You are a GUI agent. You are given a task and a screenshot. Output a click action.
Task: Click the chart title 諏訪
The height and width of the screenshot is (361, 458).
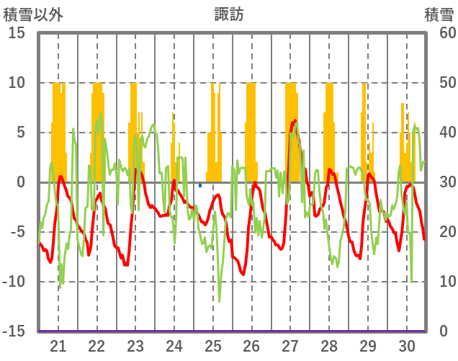(x=229, y=14)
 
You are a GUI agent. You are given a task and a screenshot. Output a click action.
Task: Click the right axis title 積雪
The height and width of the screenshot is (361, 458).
(x=439, y=14)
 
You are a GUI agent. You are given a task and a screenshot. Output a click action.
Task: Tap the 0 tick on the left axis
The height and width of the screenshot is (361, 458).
(x=20, y=182)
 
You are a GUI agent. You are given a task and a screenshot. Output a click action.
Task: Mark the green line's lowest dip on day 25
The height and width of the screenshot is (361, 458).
(x=219, y=300)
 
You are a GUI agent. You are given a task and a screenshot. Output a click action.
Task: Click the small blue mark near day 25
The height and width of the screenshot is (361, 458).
(x=200, y=186)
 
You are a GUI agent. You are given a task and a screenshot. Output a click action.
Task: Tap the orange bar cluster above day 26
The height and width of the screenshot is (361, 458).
(x=251, y=130)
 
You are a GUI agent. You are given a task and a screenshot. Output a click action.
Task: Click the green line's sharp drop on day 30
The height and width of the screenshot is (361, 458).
(x=411, y=282)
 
